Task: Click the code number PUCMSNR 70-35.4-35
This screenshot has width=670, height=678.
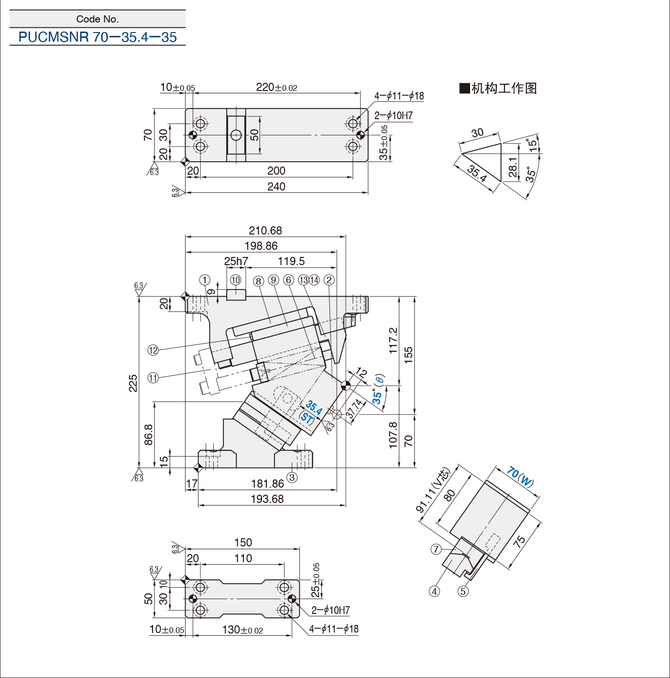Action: (x=98, y=37)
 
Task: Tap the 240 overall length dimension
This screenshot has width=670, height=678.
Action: (x=276, y=187)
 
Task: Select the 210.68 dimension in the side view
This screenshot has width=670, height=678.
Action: (x=265, y=231)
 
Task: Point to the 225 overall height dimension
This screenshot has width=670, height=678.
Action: (x=133, y=383)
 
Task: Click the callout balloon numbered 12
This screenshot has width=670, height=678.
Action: (x=154, y=350)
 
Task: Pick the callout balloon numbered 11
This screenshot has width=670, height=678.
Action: (x=154, y=378)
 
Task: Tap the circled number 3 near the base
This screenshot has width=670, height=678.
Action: (x=292, y=478)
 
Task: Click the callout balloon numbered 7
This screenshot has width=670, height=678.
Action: (x=436, y=549)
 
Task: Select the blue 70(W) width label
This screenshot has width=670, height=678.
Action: (x=520, y=477)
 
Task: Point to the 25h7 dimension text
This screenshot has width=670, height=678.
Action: (x=236, y=261)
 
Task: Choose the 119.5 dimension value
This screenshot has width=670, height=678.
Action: (x=291, y=261)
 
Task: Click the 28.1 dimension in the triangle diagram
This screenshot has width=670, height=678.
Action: (x=513, y=167)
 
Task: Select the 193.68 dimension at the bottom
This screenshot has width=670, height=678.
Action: (x=267, y=499)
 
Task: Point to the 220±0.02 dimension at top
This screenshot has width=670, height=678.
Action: (x=276, y=87)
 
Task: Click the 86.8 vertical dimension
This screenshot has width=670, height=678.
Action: (x=148, y=435)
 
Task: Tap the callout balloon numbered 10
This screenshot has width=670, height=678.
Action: (x=235, y=280)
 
